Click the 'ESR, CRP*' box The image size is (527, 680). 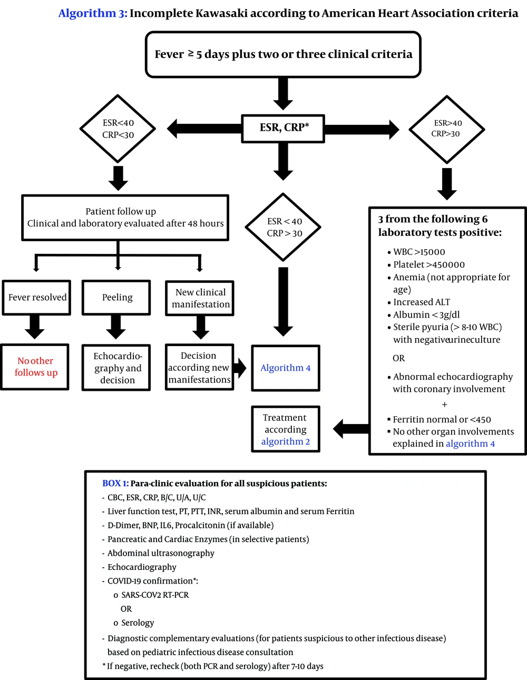click(283, 128)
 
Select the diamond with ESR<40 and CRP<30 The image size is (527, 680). click(118, 129)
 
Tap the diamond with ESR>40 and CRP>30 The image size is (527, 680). click(446, 129)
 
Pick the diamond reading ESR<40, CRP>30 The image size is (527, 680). click(284, 227)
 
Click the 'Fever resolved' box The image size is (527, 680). click(37, 298)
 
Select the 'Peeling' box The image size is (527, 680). click(116, 298)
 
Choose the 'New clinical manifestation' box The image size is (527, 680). click(200, 298)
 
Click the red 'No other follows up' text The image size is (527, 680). click(35, 367)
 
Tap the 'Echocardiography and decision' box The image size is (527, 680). click(116, 368)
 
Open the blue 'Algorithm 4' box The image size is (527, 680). click(286, 368)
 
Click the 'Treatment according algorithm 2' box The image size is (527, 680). click(286, 429)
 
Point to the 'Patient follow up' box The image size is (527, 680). click(125, 218)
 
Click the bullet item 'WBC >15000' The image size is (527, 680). click(419, 252)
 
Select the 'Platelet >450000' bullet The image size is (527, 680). click(429, 264)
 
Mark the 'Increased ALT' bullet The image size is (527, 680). click(422, 302)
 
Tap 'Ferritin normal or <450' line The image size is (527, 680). click(442, 419)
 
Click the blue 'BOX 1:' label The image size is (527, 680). click(115, 483)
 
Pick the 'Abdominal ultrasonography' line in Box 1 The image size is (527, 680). click(161, 553)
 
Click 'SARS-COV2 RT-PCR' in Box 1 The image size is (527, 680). click(154, 595)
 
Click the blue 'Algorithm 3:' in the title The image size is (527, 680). click(93, 13)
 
